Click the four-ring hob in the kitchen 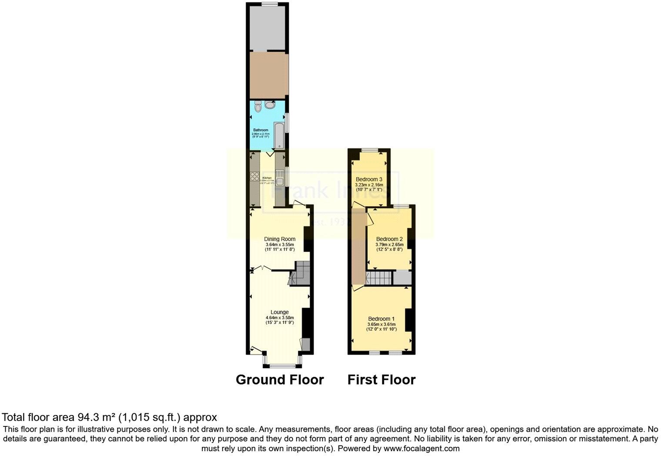254,177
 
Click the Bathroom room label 261,130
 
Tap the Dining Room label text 280,239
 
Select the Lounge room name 280,312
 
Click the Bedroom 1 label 381,319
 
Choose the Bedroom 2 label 389,239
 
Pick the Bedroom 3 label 369,179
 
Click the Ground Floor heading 280,380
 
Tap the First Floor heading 381,380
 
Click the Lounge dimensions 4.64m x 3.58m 280,318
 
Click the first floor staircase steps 379,277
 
